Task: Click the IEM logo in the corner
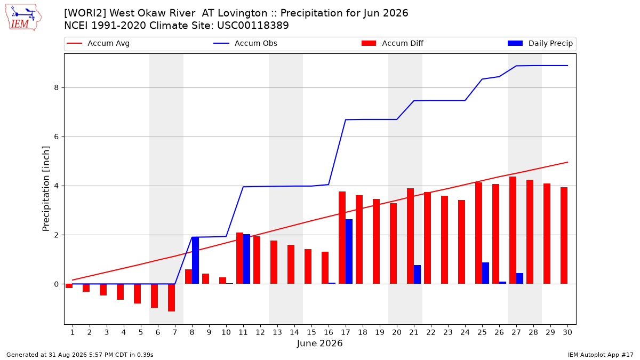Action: (x=23, y=18)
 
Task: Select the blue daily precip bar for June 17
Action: (x=349, y=251)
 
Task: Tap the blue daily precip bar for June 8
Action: (x=195, y=260)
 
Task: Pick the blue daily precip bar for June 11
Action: (x=246, y=259)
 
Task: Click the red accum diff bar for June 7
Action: (x=171, y=298)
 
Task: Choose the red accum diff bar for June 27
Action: (x=513, y=230)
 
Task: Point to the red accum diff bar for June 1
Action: (x=69, y=286)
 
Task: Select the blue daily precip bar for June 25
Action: (x=486, y=273)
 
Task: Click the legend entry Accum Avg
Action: (x=98, y=43)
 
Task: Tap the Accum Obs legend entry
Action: (x=245, y=43)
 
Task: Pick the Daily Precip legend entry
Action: (x=540, y=43)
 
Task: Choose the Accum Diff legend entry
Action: (x=393, y=43)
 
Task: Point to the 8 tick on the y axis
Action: (x=57, y=87)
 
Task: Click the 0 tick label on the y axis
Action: (x=57, y=284)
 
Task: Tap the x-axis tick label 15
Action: (x=311, y=332)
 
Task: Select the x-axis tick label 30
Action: (x=567, y=332)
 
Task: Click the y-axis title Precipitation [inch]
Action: (x=46, y=189)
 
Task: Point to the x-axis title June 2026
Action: (x=319, y=343)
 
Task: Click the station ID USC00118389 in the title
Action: (x=253, y=26)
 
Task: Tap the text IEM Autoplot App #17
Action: (x=601, y=355)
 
